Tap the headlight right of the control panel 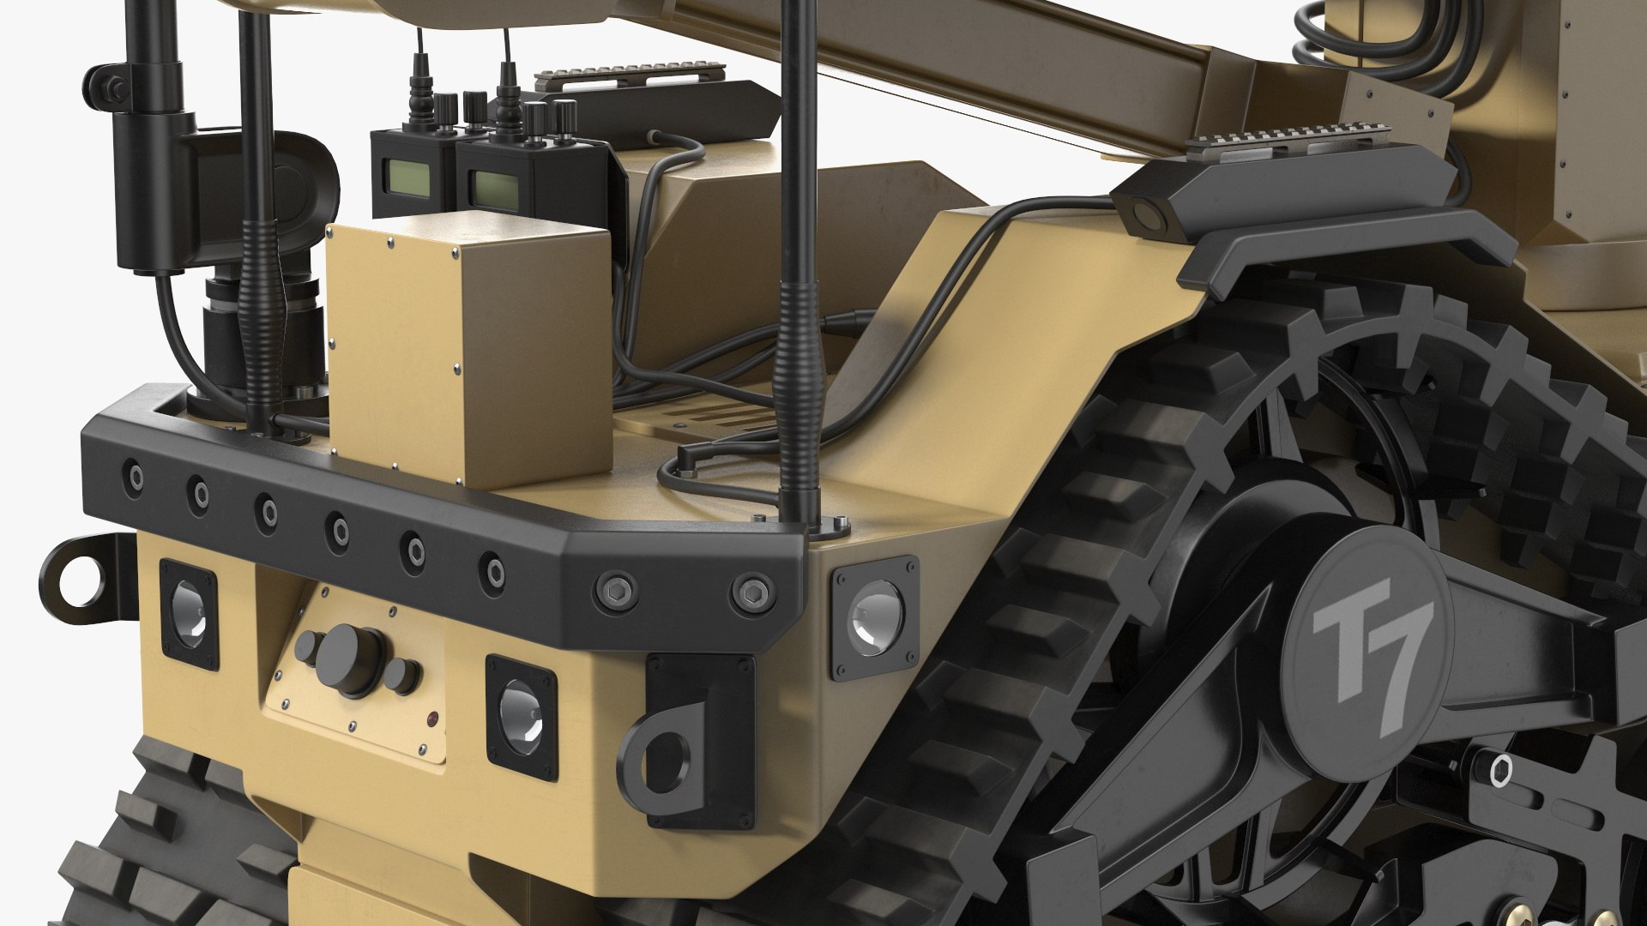[522, 717]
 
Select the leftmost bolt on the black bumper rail [133, 474]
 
